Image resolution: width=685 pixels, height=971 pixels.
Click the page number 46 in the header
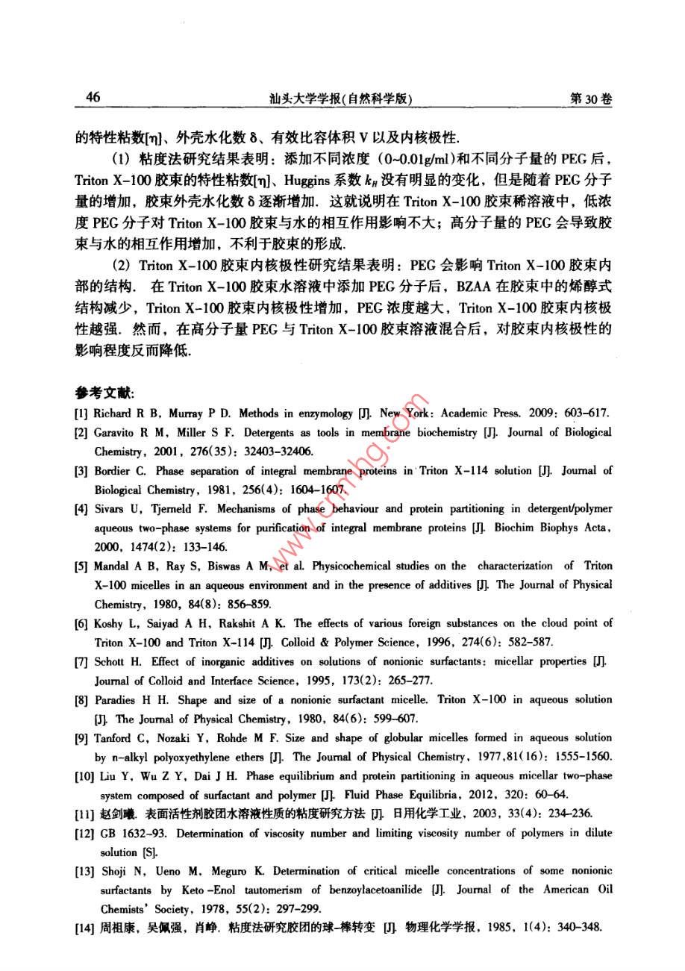click(93, 98)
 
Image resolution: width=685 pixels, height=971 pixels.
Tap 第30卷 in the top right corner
click(590, 99)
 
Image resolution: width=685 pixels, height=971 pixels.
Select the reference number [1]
click(81, 413)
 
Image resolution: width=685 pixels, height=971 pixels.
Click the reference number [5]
click(81, 566)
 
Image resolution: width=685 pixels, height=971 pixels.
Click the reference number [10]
click(84, 776)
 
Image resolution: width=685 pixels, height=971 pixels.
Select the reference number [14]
click(84, 928)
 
